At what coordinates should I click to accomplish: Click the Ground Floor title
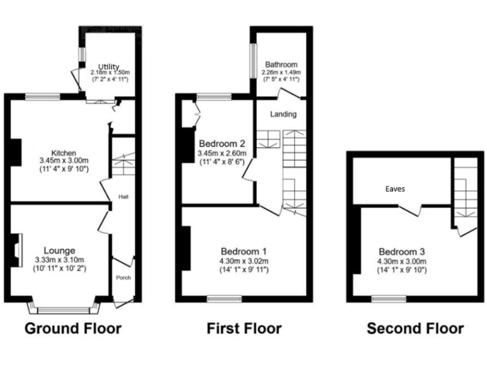tap(72, 328)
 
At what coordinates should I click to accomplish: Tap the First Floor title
tap(244, 328)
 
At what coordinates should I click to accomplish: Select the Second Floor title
tap(415, 328)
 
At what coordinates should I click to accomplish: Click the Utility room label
tap(108, 67)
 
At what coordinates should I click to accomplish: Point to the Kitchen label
tap(64, 153)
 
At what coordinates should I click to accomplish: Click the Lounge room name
tap(60, 250)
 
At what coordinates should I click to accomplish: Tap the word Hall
tap(123, 197)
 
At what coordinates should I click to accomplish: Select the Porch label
tap(122, 278)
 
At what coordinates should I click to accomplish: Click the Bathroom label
tap(281, 65)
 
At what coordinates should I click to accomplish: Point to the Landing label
tap(283, 115)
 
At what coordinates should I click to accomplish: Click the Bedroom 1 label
tap(243, 250)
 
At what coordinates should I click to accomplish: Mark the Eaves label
tap(394, 189)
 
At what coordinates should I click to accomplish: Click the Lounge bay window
tap(64, 309)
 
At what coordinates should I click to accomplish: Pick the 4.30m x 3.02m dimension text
tap(244, 260)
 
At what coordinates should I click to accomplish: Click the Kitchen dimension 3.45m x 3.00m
tap(64, 161)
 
